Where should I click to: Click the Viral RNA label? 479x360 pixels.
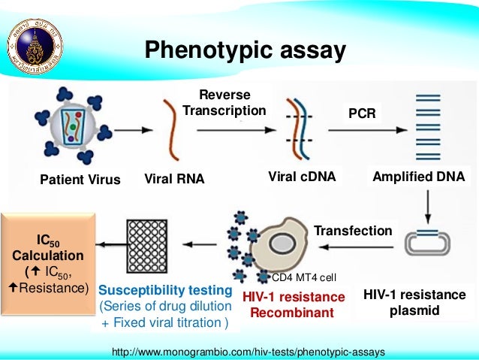pos(174,180)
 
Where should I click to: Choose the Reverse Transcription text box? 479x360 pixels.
pos(224,102)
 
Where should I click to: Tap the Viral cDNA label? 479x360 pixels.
pos(301,178)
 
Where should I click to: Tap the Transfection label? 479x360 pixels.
pos(352,231)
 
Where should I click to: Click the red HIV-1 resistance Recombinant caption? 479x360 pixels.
pos(292,304)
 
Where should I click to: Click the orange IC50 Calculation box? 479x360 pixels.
pos(50,262)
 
